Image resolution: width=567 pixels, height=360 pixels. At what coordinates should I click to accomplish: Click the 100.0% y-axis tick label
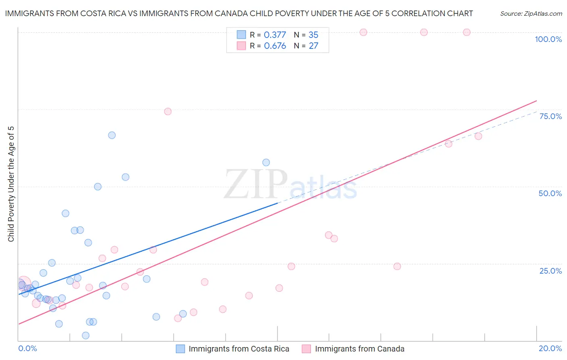(548, 39)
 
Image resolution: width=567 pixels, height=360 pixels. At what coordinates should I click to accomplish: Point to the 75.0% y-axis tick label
(550, 116)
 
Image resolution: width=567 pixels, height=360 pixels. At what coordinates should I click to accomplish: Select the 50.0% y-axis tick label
(550, 193)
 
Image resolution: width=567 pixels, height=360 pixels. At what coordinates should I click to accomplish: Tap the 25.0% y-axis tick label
(550, 270)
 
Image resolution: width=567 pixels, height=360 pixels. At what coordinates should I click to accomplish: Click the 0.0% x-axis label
(27, 348)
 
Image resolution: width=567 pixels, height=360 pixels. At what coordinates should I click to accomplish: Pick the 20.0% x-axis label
(550, 348)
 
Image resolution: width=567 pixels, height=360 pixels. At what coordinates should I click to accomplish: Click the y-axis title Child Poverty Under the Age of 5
(11, 184)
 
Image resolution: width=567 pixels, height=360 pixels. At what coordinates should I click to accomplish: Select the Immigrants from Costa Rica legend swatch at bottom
(180, 349)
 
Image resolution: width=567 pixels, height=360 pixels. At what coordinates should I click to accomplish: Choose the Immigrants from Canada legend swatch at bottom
(306, 349)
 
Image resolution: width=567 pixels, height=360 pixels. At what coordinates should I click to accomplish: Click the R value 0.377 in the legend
(275, 35)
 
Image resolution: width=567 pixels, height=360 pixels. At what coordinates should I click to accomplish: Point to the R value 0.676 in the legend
(275, 46)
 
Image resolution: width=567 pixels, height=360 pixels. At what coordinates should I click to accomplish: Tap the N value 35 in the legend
(313, 35)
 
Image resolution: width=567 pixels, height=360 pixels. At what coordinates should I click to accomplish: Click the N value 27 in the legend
(313, 46)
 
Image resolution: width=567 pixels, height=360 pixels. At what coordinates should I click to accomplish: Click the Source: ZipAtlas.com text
(531, 14)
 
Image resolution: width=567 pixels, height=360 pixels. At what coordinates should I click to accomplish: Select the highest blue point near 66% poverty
(112, 135)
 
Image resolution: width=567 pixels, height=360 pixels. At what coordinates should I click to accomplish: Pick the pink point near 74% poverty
(168, 111)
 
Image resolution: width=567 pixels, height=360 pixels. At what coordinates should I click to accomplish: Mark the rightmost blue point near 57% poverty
(266, 163)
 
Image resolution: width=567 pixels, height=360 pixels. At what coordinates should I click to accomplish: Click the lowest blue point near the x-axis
(85, 335)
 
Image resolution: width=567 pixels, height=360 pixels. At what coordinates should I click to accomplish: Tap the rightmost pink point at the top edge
(467, 32)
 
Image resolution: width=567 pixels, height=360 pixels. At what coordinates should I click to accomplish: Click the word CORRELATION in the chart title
(418, 14)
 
